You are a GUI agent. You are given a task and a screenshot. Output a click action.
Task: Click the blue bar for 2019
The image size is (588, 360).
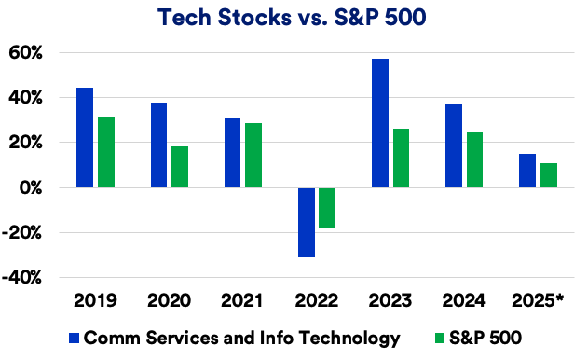click(85, 137)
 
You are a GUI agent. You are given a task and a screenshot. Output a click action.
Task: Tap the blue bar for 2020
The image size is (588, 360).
click(158, 145)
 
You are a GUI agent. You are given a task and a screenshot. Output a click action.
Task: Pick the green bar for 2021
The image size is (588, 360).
click(253, 155)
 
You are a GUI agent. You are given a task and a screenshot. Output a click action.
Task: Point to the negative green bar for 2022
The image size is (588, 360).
click(327, 208)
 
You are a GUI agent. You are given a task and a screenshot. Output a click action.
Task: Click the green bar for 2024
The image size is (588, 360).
click(474, 159)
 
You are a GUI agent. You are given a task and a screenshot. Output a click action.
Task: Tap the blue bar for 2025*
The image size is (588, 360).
click(527, 171)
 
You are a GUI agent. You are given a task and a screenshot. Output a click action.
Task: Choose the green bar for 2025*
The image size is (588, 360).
click(548, 175)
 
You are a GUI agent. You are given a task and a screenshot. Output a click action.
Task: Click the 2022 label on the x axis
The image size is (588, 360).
click(317, 301)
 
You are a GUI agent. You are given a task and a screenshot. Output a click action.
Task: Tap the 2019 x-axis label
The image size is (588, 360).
click(95, 301)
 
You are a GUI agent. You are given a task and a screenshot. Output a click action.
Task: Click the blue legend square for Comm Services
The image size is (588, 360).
click(74, 337)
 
